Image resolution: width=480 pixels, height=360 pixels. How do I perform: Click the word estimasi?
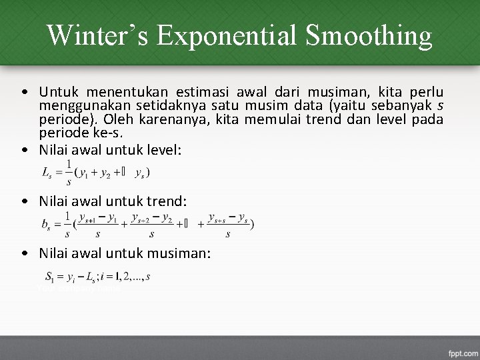pos(200,92)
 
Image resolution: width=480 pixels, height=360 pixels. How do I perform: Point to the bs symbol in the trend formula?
pos(47,225)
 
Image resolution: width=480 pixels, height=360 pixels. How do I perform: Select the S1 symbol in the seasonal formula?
pos(50,275)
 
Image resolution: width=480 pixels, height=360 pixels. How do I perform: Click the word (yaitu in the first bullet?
pos(343,105)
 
